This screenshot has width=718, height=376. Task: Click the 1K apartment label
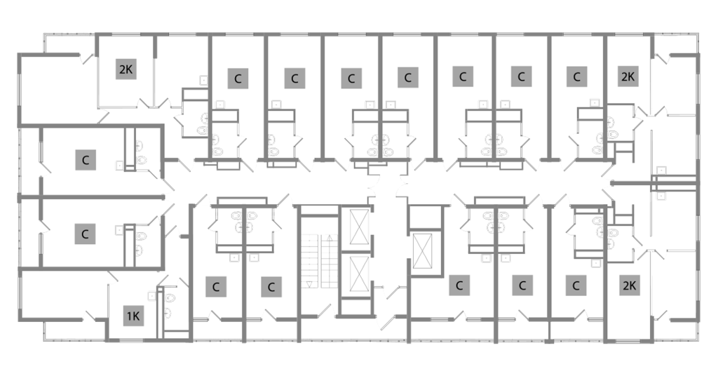(133, 316)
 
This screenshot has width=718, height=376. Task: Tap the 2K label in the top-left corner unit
(126, 69)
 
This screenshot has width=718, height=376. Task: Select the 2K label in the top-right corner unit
(628, 76)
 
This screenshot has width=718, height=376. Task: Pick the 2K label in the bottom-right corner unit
(629, 286)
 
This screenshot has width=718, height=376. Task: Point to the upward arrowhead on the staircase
(329, 237)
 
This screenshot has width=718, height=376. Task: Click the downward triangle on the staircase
(309, 284)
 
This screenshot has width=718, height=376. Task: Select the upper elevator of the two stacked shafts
(359, 227)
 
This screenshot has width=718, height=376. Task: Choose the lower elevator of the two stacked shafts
(359, 274)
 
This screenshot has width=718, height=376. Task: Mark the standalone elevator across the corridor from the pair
(422, 251)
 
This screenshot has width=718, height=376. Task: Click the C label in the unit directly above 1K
(85, 234)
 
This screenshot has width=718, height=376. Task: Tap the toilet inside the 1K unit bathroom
(170, 297)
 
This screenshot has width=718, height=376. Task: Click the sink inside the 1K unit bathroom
(168, 313)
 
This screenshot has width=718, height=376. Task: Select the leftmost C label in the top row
(238, 79)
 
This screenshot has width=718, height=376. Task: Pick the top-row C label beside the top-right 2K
(577, 76)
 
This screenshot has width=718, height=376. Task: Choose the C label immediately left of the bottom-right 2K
(576, 286)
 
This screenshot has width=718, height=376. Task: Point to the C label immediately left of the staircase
(271, 287)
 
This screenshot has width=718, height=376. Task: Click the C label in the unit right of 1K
(216, 287)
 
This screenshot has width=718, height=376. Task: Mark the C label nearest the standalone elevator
(459, 286)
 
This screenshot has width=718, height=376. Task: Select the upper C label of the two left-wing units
(85, 160)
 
